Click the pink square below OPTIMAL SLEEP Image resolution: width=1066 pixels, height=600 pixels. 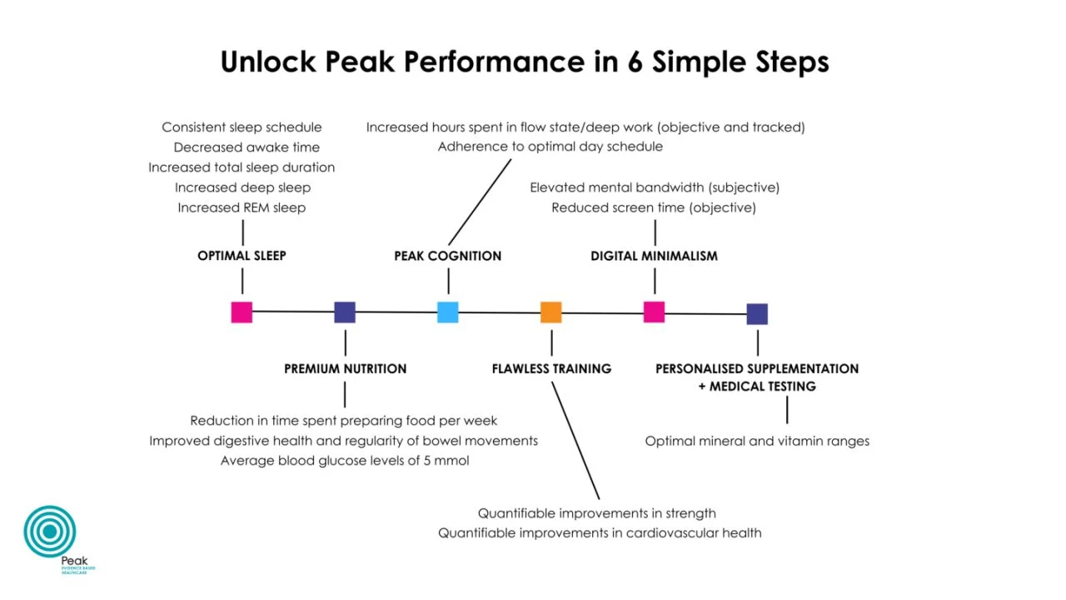click(242, 312)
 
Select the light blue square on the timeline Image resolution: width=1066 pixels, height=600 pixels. click(448, 312)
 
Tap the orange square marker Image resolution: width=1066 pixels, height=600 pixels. click(551, 312)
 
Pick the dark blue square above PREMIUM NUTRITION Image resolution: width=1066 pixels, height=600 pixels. click(345, 312)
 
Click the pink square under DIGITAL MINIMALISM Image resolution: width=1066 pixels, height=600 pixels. click(654, 312)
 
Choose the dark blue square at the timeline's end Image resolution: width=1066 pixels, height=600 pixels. click(757, 314)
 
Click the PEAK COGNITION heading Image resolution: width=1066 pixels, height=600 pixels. click(448, 256)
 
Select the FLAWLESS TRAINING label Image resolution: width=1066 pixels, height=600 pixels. click(551, 368)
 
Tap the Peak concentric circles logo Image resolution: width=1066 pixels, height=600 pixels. click(50, 531)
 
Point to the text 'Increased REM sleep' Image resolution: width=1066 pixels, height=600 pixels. click(242, 207)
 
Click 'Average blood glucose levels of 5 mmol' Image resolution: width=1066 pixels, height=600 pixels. click(345, 461)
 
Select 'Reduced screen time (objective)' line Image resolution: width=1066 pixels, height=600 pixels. click(654, 207)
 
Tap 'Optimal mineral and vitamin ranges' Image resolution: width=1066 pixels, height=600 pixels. click(757, 441)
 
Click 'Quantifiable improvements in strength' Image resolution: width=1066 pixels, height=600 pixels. click(597, 513)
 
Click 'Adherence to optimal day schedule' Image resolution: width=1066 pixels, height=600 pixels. click(550, 147)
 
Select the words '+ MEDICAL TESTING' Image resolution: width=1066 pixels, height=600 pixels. click(757, 387)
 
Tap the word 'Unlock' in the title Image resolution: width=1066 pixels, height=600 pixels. click(269, 62)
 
